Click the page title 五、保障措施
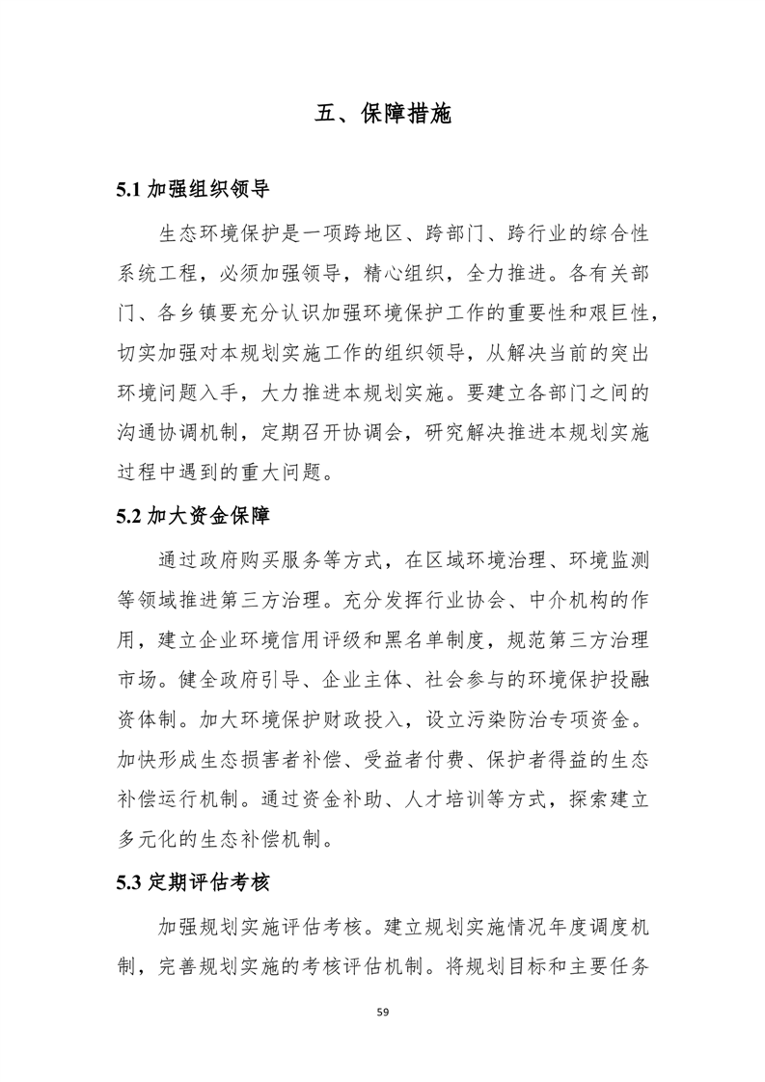pyautogui.click(x=383, y=114)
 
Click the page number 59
pyautogui.click(x=383, y=1013)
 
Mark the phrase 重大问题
pyautogui.click(x=284, y=473)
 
